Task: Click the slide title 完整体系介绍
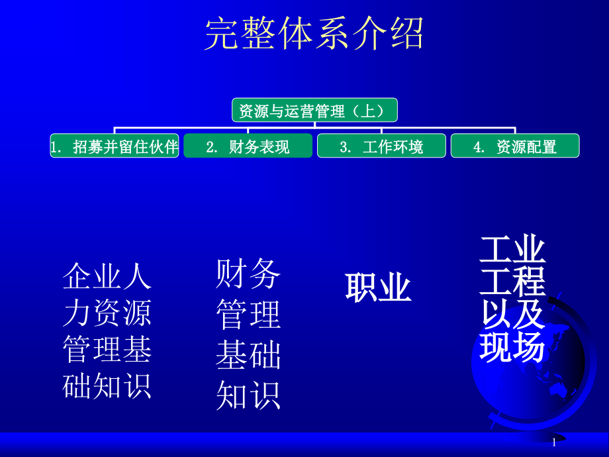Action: click(314, 34)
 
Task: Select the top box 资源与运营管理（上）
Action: click(314, 111)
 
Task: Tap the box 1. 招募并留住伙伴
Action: click(115, 146)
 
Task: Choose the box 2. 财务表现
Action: click(248, 146)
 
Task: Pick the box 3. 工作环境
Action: click(381, 146)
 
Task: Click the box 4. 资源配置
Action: click(515, 146)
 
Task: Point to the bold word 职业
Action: click(378, 289)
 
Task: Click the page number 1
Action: click(553, 442)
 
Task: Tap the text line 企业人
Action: click(107, 276)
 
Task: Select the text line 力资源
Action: click(107, 313)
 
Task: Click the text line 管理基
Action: click(107, 349)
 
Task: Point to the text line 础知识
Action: click(107, 385)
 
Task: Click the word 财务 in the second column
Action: click(248, 274)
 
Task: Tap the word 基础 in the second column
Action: click(248, 356)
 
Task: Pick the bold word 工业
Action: click(512, 250)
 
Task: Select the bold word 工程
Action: click(512, 282)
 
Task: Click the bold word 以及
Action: click(512, 315)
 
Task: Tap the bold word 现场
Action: click(512, 348)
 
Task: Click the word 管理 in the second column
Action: click(248, 315)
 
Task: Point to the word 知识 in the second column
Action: click(248, 395)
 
